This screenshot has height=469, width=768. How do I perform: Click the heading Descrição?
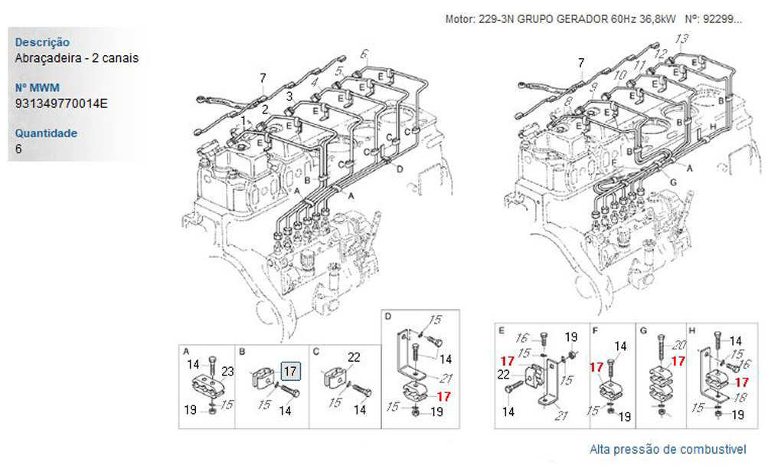42,42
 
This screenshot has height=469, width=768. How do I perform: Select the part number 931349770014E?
61,103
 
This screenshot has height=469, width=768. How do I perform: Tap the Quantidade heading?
46,133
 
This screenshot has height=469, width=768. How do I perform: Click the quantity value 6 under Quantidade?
18,149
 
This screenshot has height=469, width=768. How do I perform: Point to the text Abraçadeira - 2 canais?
77,57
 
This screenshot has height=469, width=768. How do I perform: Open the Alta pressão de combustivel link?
668,449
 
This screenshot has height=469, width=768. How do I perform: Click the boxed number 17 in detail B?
290,371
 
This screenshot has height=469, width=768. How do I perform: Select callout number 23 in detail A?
227,372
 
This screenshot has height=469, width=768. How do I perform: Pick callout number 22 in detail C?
354,357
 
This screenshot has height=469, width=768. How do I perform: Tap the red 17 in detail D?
444,396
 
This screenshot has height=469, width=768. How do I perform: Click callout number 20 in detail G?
679,346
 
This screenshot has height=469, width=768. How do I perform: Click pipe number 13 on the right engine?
681,38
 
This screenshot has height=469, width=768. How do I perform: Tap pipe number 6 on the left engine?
364,54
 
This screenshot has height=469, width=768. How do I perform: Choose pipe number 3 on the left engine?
289,96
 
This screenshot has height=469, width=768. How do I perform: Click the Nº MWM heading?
38,87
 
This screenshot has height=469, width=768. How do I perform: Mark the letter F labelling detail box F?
595,331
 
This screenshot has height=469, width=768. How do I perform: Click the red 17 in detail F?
596,367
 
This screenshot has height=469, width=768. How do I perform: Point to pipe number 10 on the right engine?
620,75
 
